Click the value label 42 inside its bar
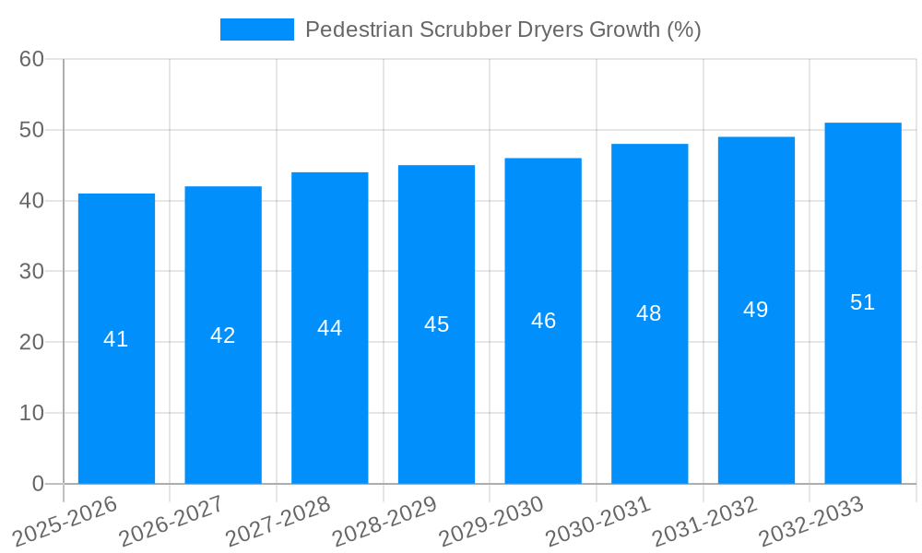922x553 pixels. point(223,335)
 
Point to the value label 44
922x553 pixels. point(330,328)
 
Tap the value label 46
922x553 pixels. point(543,321)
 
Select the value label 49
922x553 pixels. point(756,310)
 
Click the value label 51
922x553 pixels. point(863,302)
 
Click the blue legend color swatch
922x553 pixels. point(257,29)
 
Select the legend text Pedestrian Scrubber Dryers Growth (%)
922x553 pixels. point(502,29)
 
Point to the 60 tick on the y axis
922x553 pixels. point(32,59)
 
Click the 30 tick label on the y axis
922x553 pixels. point(32,271)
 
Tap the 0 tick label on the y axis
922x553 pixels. point(38,484)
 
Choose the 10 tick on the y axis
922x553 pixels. point(32,413)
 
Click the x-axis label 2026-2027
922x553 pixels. point(171,522)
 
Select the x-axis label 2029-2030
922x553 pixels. point(491,522)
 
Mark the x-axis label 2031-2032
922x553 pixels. point(704,522)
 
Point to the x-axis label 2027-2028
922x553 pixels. point(278,522)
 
